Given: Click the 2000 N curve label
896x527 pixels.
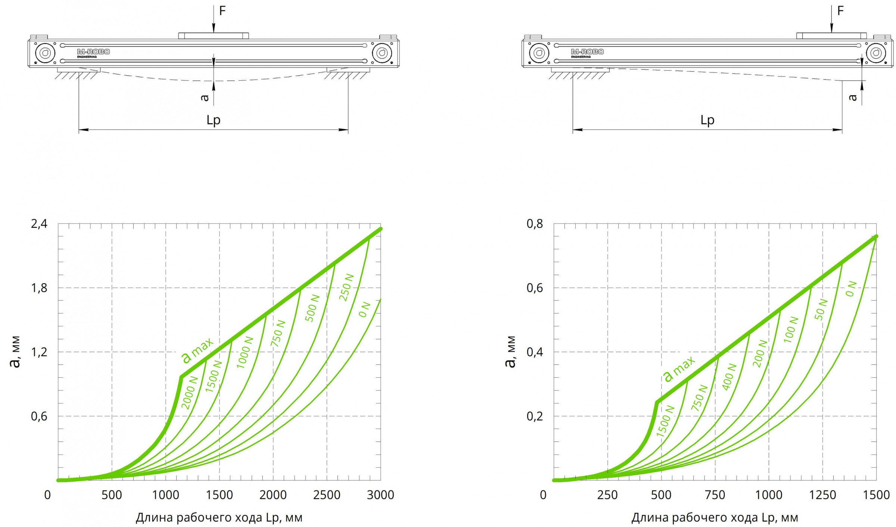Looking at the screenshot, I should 190,393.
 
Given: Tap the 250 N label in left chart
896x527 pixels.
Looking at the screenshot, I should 346,287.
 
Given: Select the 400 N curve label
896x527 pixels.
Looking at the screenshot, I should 729,377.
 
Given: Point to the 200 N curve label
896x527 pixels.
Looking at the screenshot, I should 760,353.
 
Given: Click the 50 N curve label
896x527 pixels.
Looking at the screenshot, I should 821,309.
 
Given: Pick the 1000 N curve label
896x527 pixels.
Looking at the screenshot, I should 245,352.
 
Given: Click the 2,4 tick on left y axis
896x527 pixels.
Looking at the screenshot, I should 39,224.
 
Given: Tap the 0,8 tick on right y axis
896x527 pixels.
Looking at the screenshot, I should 535,224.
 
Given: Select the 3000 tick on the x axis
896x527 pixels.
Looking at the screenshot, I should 380,495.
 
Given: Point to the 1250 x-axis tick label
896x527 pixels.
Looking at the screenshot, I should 822,495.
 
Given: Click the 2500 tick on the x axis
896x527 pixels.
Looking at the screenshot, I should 327,495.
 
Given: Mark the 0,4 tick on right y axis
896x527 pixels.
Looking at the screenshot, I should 535,352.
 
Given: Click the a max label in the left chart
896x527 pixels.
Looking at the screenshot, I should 197,350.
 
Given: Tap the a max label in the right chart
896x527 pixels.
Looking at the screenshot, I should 679,369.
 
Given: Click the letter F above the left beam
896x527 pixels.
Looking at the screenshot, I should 223,11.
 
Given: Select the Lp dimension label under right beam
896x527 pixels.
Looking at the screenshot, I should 707,120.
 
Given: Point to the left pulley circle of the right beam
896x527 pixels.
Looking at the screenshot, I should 539,53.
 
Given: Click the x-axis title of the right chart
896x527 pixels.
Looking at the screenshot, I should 715,518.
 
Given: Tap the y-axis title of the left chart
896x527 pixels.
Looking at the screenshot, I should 15,352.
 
